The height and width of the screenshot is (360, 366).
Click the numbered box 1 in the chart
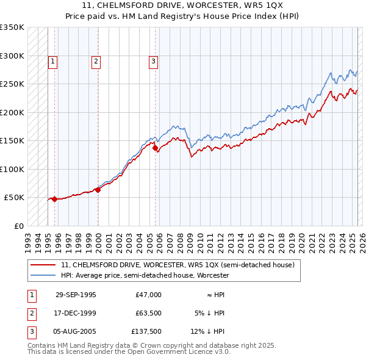coord(52,61)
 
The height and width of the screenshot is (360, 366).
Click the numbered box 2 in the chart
coord(96,61)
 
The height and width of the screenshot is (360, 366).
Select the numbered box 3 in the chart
coord(153,61)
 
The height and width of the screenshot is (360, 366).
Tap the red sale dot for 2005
coord(155,148)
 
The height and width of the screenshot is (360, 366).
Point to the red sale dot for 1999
coord(98,190)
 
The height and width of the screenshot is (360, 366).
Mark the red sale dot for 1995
coord(54,199)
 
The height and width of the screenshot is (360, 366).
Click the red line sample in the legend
coord(43,265)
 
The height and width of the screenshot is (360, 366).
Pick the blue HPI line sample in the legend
coord(43,275)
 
